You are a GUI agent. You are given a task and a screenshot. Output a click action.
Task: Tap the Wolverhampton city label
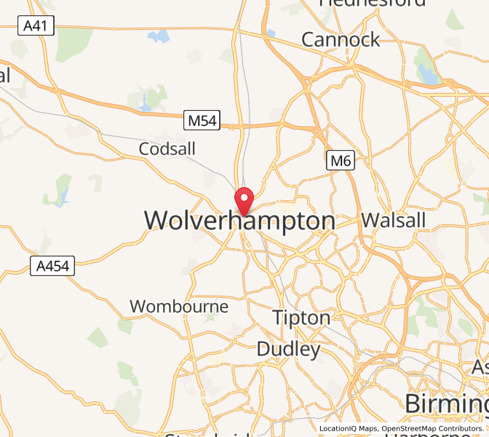coord(240,221)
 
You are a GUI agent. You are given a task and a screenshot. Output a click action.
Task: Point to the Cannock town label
coord(341,39)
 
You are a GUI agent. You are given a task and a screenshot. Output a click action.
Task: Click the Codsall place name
coord(167,149)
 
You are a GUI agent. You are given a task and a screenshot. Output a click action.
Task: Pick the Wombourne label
coord(179,307)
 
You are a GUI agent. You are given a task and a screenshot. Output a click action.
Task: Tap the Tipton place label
coord(301,318)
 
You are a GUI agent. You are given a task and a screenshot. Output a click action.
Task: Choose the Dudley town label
coord(289,350)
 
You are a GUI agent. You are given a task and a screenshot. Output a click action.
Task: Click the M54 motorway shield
coord(202,121)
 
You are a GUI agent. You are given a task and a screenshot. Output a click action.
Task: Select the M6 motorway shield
coord(340,160)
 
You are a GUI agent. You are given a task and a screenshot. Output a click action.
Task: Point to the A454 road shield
coord(54,267)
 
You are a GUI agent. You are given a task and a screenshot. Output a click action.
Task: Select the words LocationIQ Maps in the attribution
coord(348,429)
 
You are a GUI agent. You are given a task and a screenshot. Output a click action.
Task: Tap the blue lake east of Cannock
coord(426,73)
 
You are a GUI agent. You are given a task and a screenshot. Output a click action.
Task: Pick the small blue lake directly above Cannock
coord(271,32)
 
